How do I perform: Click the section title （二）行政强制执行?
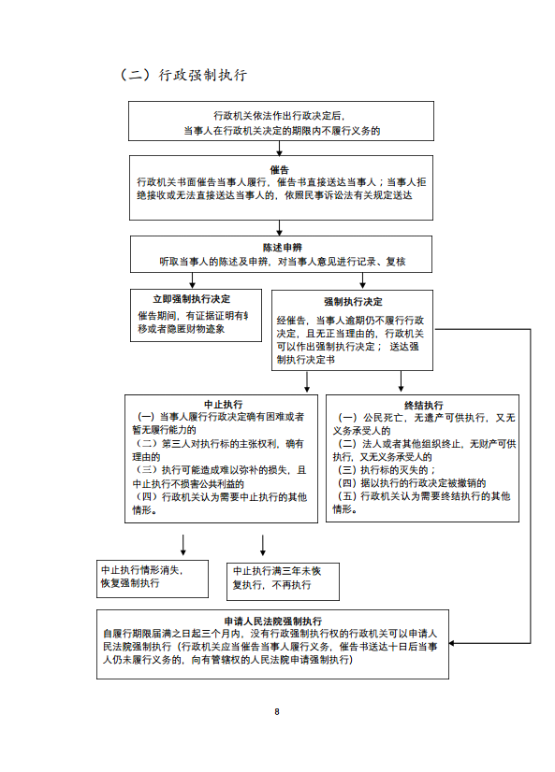click(x=183, y=75)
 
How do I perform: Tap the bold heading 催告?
click(x=280, y=170)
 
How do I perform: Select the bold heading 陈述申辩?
click(x=282, y=247)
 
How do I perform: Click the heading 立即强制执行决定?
click(x=191, y=299)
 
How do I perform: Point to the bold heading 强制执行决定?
click(x=353, y=301)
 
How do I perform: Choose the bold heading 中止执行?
click(x=224, y=404)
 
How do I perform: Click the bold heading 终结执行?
click(x=423, y=406)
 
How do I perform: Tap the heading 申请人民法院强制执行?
click(x=272, y=621)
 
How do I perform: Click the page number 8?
click(x=277, y=711)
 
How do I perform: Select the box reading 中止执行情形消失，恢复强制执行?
click(x=153, y=579)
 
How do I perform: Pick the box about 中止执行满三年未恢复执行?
click(x=283, y=581)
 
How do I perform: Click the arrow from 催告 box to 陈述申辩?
click(x=280, y=228)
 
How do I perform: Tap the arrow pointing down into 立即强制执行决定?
click(x=192, y=280)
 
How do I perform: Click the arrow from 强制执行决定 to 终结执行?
click(x=401, y=381)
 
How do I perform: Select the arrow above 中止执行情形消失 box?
click(x=183, y=545)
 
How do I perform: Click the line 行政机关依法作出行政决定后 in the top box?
click(x=279, y=116)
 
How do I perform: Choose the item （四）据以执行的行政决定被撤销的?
click(x=412, y=483)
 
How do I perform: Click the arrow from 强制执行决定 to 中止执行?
click(x=307, y=381)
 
